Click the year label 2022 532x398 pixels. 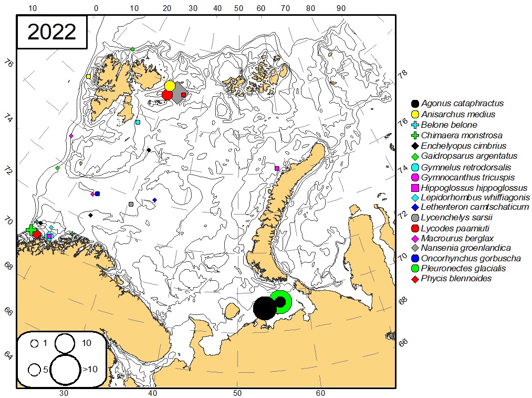(51, 32)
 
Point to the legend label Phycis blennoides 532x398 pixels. (456, 279)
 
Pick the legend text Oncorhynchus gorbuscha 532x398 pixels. (471, 258)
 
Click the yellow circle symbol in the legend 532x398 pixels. (415, 114)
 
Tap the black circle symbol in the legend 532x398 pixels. (415, 104)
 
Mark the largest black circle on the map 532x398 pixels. (265, 308)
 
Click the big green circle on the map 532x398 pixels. (281, 302)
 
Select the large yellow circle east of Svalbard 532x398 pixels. (170, 86)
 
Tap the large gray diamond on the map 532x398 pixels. (179, 93)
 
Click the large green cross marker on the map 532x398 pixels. (31, 230)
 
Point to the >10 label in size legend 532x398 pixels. (89, 370)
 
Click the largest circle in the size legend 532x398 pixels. (66, 369)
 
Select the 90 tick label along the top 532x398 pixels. (341, 8)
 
